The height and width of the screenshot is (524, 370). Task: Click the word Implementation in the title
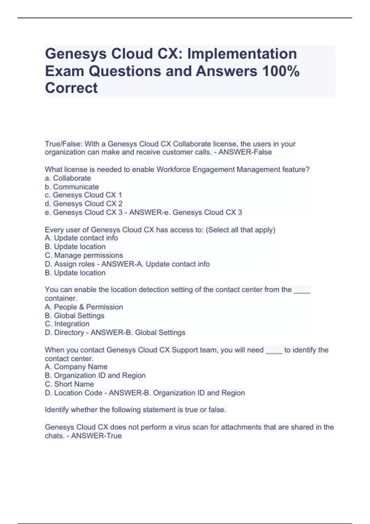[242, 54]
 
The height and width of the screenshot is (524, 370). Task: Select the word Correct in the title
[71, 88]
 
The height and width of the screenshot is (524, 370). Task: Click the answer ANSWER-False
[245, 152]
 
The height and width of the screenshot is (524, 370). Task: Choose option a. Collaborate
[68, 178]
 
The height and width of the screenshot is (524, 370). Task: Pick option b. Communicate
[72, 187]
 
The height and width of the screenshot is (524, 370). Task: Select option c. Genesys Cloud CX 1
[83, 195]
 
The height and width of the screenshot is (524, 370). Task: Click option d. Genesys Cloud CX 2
[84, 204]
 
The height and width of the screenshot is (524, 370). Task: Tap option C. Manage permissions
[84, 256]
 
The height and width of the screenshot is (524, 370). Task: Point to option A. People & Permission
[84, 307]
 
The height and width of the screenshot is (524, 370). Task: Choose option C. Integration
[67, 324]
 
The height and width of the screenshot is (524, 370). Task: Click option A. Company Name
[76, 367]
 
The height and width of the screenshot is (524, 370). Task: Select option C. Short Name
[69, 384]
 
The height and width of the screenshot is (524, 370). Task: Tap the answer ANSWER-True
[96, 436]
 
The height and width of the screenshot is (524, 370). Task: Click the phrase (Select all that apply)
[240, 230]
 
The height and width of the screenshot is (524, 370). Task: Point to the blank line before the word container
[302, 290]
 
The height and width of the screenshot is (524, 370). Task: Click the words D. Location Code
[73, 393]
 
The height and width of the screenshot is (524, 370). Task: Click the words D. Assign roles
[70, 264]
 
